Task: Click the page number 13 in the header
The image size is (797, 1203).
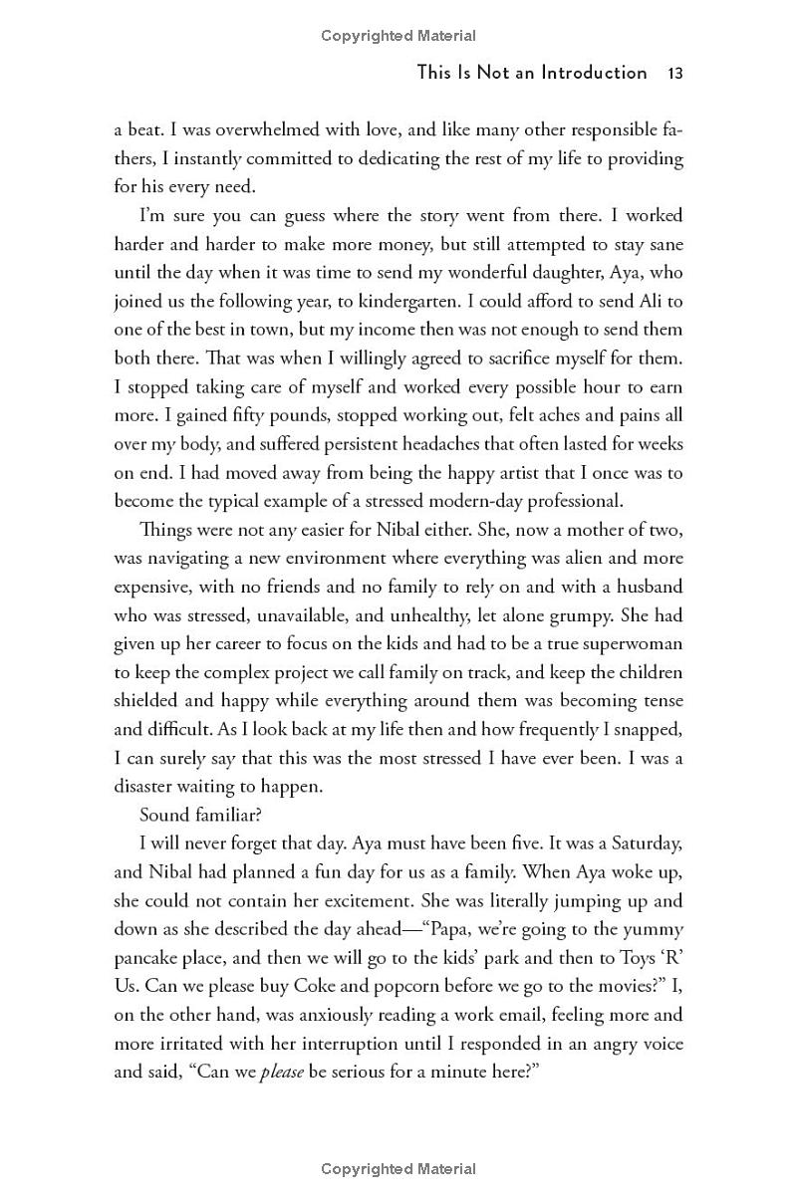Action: [674, 72]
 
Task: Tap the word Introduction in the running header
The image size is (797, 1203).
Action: [594, 72]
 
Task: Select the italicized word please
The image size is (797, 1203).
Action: [281, 1074]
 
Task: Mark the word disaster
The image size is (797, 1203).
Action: [147, 787]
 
